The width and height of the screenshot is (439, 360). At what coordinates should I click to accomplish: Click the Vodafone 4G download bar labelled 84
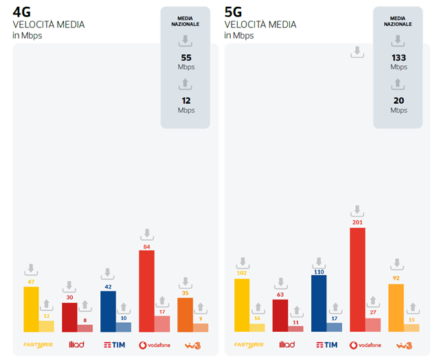point(146,291)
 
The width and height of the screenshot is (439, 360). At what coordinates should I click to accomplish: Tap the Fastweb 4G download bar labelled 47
point(31,309)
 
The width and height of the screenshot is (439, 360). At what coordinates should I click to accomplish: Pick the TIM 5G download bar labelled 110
point(319,304)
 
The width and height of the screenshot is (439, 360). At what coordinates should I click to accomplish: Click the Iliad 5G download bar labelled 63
point(280,315)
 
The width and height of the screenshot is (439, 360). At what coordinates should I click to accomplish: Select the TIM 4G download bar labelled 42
point(108,311)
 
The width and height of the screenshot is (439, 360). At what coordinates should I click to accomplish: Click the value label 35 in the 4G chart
point(185,293)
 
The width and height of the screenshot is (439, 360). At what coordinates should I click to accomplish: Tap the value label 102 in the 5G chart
point(242,273)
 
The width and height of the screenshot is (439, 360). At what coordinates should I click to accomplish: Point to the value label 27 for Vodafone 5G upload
point(373,313)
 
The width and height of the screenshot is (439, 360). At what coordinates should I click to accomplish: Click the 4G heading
point(22,11)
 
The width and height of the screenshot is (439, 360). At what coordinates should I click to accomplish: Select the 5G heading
point(234,11)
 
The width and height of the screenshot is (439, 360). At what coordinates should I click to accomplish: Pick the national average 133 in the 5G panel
point(398,58)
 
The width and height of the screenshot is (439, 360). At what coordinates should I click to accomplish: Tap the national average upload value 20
point(398,100)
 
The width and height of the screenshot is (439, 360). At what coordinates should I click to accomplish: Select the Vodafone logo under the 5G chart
point(365,345)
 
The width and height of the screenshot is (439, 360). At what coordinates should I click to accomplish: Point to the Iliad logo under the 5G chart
point(287,345)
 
